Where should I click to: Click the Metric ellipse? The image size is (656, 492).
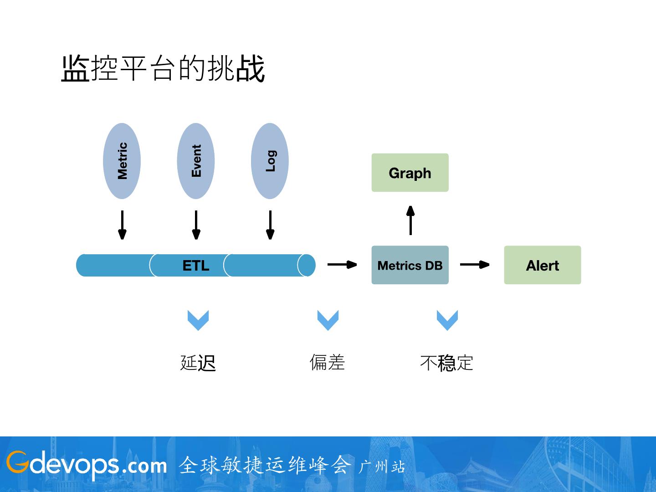click(x=122, y=161)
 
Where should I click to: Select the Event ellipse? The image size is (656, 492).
click(x=196, y=161)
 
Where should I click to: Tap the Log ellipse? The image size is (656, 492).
click(x=270, y=161)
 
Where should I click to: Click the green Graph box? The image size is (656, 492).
click(x=410, y=173)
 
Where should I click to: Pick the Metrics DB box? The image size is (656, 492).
click(x=410, y=265)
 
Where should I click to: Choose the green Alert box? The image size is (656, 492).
click(x=542, y=265)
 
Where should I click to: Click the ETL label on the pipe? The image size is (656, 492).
click(x=196, y=266)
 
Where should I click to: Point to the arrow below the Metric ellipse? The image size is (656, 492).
click(x=122, y=225)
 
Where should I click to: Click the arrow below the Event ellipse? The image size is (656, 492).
click(x=196, y=225)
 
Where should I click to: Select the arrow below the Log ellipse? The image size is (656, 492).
click(x=270, y=225)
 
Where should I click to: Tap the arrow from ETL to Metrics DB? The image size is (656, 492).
click(x=342, y=264)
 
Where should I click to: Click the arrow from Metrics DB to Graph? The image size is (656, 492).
click(x=410, y=220)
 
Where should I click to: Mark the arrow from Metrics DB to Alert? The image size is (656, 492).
click(x=475, y=264)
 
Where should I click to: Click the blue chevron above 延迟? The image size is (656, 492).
click(x=198, y=320)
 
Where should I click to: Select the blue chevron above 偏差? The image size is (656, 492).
click(x=328, y=320)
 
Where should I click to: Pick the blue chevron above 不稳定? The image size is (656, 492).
click(x=447, y=320)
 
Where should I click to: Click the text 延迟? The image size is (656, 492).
click(x=198, y=363)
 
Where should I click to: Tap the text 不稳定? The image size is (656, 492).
click(x=446, y=363)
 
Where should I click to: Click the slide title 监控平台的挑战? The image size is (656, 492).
click(x=163, y=69)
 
